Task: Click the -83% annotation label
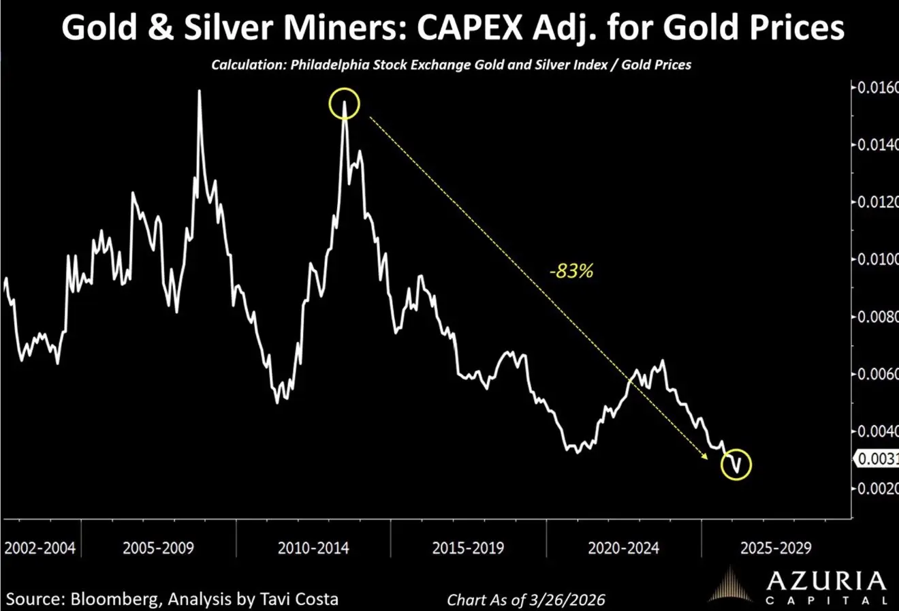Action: (571, 270)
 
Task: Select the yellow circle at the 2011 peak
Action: (344, 104)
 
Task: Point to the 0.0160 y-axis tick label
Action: (877, 88)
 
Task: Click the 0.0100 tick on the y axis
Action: (877, 260)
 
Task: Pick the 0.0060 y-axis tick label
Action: (877, 374)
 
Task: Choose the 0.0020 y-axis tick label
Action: (877, 488)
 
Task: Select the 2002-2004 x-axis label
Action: (40, 548)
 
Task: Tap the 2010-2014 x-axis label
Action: (313, 548)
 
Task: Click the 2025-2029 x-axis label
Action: (776, 548)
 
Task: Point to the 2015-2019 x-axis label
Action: (468, 548)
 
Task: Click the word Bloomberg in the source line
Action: (112, 599)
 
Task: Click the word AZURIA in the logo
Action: (825, 581)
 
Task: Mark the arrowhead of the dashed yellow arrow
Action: (706, 458)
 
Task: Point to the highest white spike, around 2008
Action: (199, 91)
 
